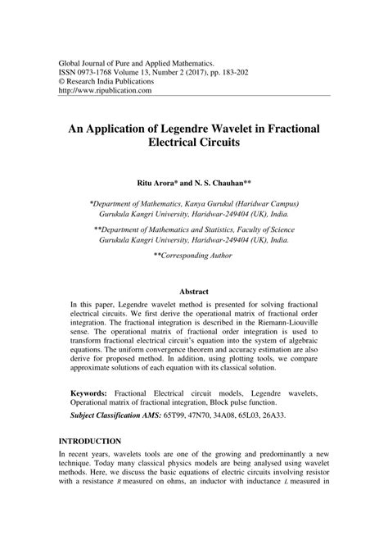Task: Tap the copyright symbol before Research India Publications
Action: pos(61,81)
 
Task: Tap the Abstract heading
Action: pos(193,291)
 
